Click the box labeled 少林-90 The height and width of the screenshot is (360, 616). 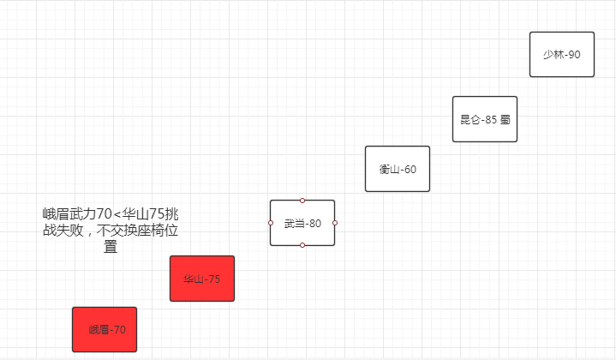pyautogui.click(x=561, y=54)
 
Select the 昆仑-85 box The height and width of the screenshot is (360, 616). pyautogui.click(x=484, y=119)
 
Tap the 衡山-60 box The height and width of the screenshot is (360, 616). pyautogui.click(x=397, y=169)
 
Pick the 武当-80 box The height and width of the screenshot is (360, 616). pyautogui.click(x=302, y=223)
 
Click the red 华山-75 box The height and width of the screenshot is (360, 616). pyautogui.click(x=201, y=279)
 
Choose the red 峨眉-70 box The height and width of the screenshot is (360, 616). pyautogui.click(x=104, y=329)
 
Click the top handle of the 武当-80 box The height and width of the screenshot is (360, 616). pyautogui.click(x=302, y=201)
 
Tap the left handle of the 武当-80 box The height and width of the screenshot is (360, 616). pyautogui.click(x=270, y=223)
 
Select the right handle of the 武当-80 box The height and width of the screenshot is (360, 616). pyautogui.click(x=335, y=223)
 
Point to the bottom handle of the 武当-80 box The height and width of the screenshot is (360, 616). pyautogui.click(x=302, y=245)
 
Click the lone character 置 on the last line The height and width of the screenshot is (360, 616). pyautogui.click(x=111, y=247)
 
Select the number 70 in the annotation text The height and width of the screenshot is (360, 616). pyautogui.click(x=104, y=213)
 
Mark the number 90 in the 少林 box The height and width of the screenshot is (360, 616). pyautogui.click(x=573, y=55)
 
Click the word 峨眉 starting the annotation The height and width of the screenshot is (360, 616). pyautogui.click(x=56, y=213)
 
